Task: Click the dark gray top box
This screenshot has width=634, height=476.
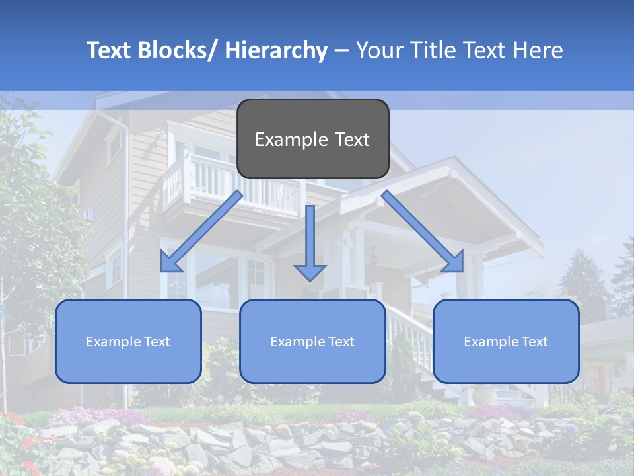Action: point(312,139)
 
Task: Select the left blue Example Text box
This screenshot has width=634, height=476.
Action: point(128,341)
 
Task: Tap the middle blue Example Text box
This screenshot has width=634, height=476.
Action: point(312,341)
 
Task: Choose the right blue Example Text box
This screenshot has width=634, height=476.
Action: point(506,341)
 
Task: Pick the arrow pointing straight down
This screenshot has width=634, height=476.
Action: point(310,241)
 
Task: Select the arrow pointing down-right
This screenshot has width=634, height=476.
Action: point(423,231)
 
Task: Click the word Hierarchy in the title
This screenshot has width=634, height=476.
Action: point(276,50)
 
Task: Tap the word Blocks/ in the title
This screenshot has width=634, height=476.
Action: point(177,50)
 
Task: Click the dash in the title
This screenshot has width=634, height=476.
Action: point(341,50)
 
